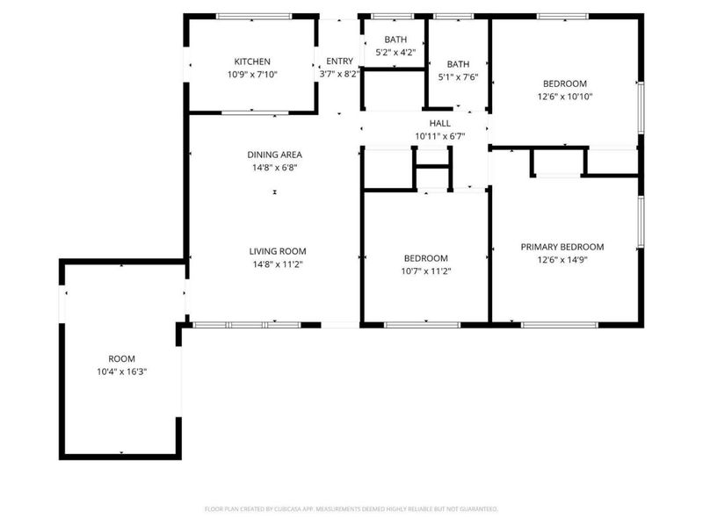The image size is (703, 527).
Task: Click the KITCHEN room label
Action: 252,61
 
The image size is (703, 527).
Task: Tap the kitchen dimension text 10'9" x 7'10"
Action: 252,75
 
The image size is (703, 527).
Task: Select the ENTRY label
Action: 339,61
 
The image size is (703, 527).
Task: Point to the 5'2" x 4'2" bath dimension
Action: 395,52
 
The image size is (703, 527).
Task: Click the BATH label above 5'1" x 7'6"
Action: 458,64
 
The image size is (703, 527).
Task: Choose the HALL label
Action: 440,123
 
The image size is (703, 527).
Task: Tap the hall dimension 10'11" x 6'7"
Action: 440,136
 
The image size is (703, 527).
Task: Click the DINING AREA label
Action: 274,155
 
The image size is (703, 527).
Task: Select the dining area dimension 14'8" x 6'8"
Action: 274,168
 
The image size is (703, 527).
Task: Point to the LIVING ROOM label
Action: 278,251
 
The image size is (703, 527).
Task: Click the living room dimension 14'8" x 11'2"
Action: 278,264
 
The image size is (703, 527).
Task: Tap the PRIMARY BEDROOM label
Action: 562,247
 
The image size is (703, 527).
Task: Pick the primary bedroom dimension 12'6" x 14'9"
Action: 562,259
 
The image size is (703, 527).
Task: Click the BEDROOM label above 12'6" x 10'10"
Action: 565,83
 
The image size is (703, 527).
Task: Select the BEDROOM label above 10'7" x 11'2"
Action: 425,258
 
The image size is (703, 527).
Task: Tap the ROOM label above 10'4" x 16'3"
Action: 121,358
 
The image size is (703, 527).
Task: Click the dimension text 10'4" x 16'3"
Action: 121,372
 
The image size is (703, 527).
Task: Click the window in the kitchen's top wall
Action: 254,17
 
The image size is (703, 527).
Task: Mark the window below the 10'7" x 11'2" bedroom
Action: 423,324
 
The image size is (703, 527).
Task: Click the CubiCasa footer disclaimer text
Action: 351,509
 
